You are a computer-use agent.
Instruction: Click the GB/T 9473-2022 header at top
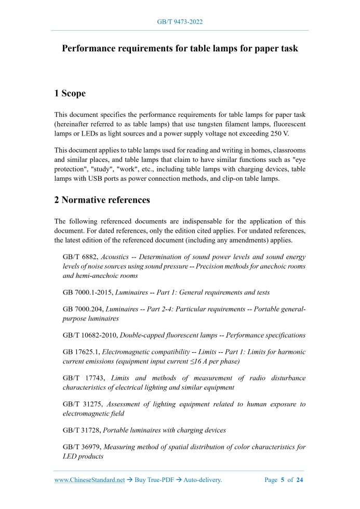click(x=180, y=22)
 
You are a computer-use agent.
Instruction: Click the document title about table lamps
click(x=180, y=49)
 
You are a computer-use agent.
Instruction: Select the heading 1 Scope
click(x=70, y=93)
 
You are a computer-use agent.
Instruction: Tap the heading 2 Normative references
click(x=102, y=199)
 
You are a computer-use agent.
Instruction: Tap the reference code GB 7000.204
click(x=82, y=309)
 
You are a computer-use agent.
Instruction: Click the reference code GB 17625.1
click(x=81, y=352)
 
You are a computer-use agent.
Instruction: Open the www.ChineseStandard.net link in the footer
click(x=89, y=480)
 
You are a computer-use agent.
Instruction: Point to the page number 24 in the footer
click(x=299, y=480)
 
